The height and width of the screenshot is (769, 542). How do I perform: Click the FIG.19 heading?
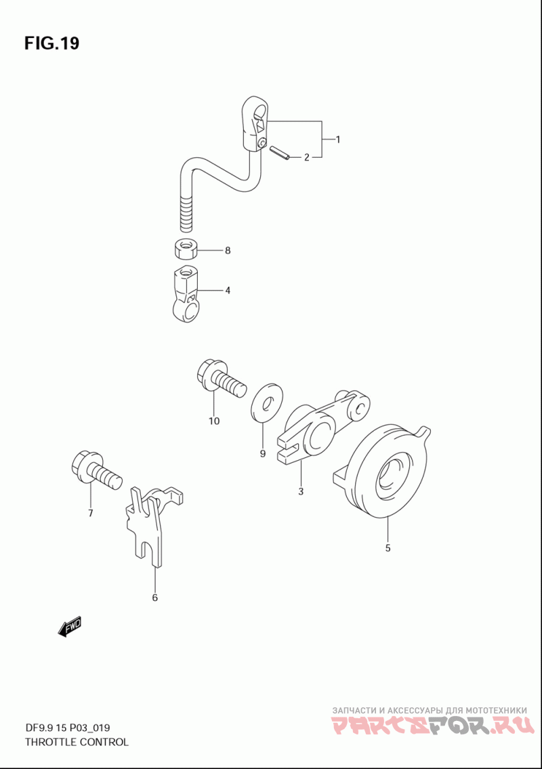(x=51, y=43)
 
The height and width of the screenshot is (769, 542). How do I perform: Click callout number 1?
(x=337, y=140)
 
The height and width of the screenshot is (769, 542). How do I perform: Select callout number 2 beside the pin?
(x=306, y=157)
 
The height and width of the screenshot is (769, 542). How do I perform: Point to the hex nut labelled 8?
(x=186, y=249)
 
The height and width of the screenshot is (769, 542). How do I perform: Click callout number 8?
(x=228, y=251)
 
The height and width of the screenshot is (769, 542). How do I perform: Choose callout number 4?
(x=228, y=291)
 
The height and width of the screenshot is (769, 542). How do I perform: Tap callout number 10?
(x=214, y=421)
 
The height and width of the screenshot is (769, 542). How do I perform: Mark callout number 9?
(x=262, y=454)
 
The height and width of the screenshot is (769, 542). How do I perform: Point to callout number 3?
(x=301, y=491)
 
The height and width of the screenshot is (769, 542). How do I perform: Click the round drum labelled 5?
(x=385, y=472)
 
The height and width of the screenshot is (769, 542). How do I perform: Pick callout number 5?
(x=388, y=548)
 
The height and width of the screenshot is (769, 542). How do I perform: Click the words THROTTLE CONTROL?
(x=77, y=742)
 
